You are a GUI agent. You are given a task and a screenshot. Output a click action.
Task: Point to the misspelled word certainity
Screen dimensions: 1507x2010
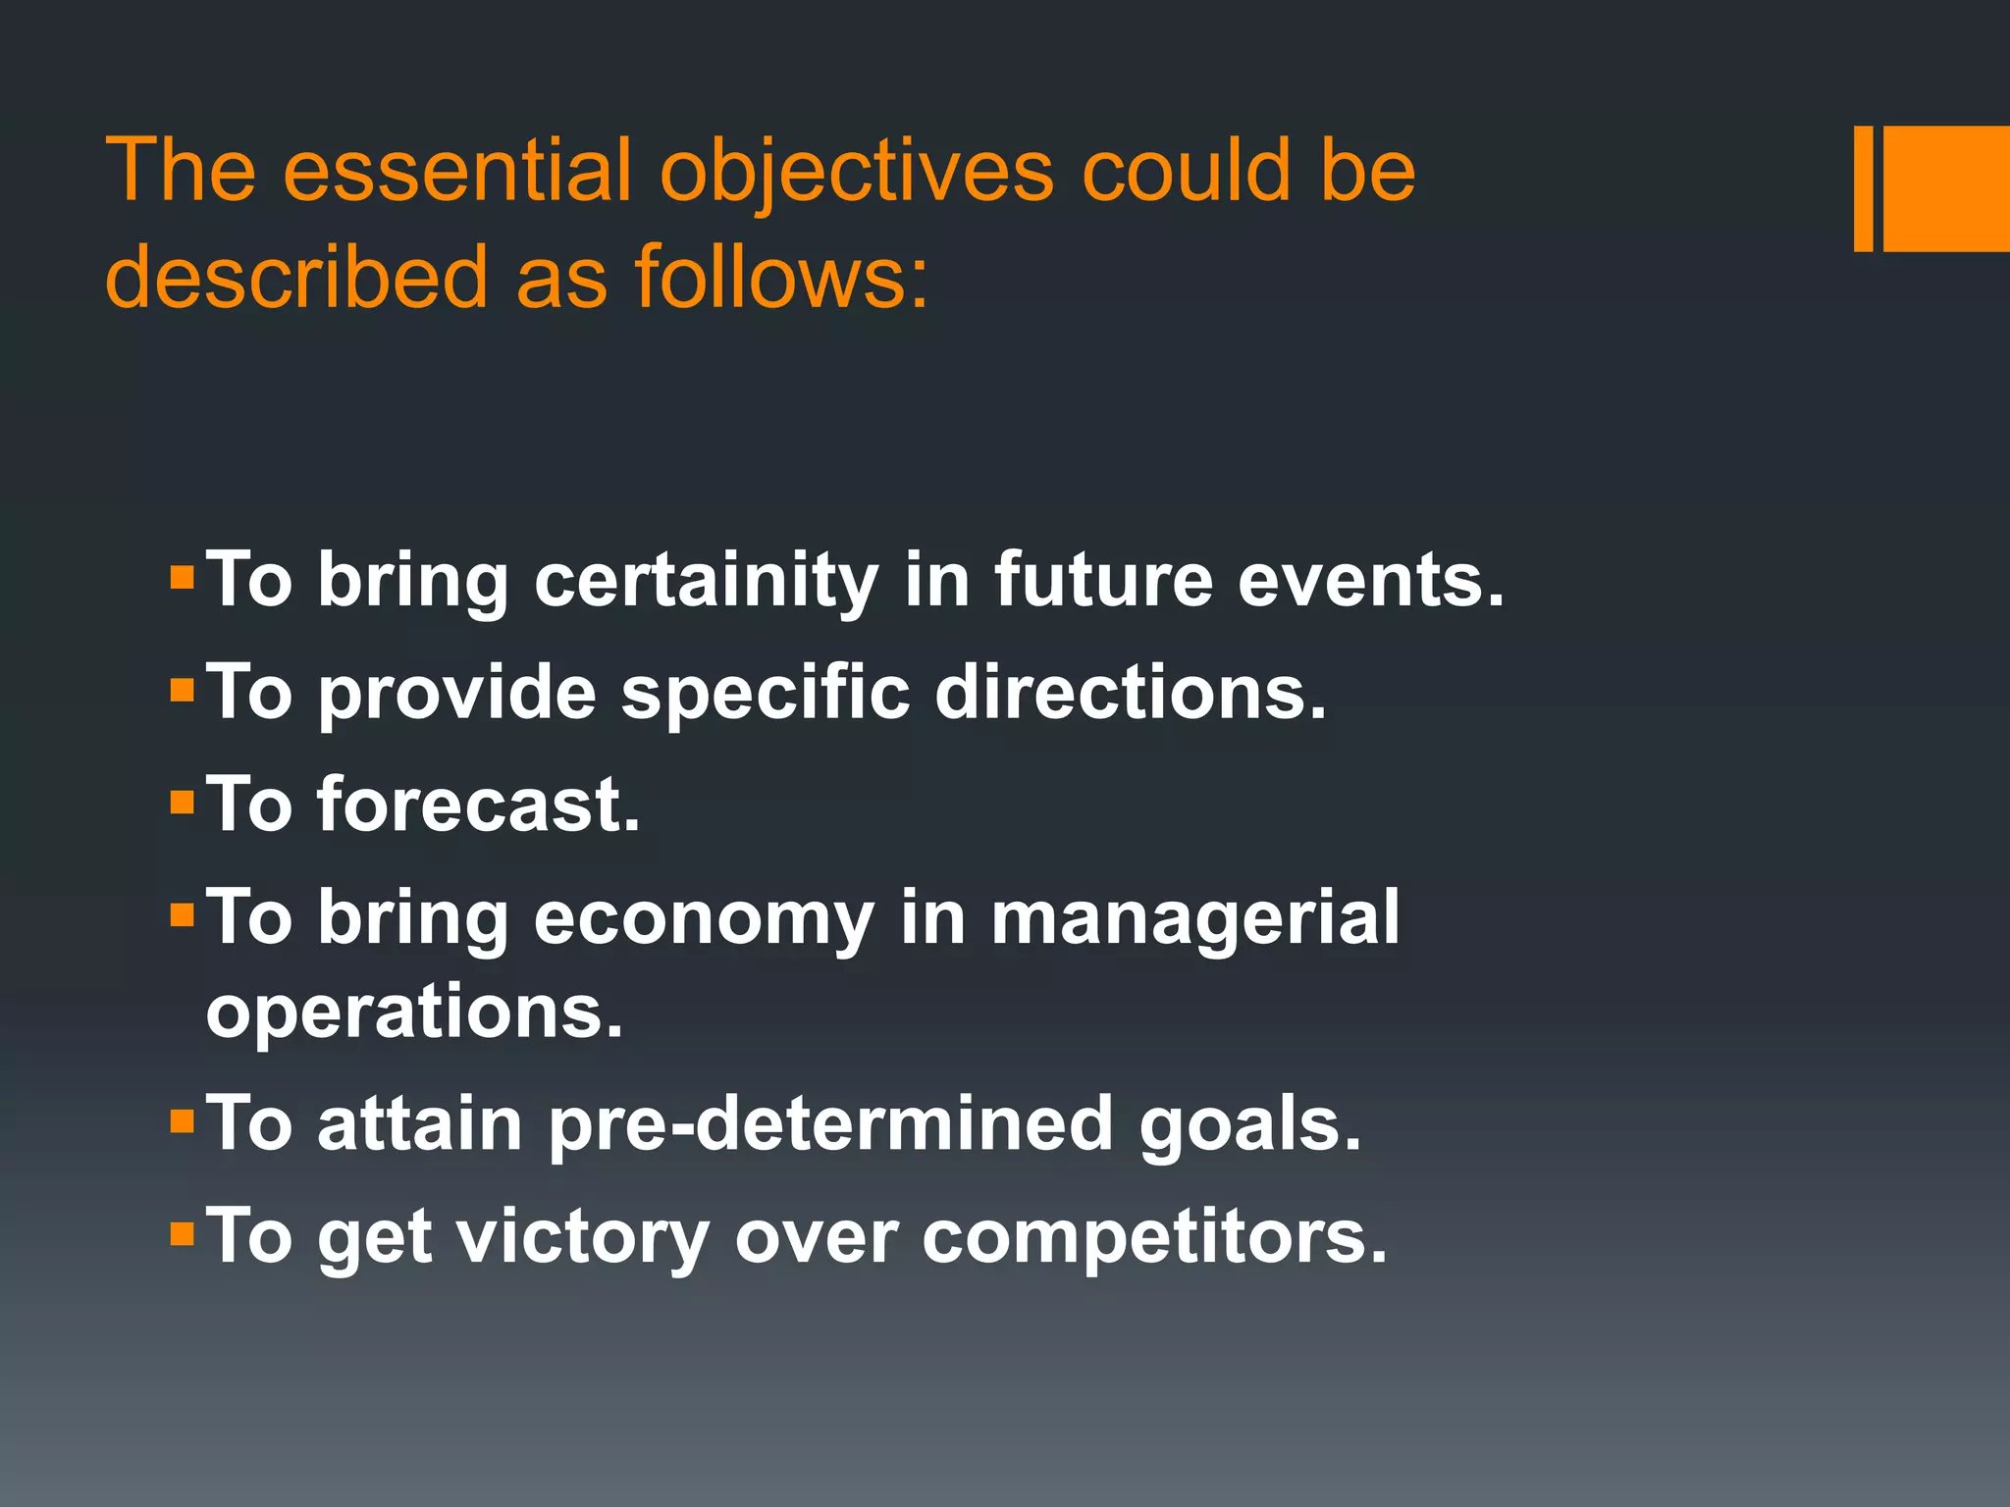pos(706,581)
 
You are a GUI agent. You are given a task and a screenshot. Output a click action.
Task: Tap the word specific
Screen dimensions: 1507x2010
pos(766,693)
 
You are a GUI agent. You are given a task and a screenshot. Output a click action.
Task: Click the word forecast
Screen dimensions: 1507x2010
pos(478,805)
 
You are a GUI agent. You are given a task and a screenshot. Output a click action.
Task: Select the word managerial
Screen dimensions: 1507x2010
pos(1195,918)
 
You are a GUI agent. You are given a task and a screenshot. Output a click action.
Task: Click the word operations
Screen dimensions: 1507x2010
pos(414,1013)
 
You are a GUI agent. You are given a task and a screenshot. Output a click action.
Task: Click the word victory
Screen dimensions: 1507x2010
pos(583,1237)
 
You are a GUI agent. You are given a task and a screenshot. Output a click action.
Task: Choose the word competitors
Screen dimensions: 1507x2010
pos(1154,1237)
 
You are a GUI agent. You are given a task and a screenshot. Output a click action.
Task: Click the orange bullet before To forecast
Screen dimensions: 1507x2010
pos(183,804)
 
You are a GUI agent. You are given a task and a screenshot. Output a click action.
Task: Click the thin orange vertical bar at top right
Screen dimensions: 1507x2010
pos(1863,188)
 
